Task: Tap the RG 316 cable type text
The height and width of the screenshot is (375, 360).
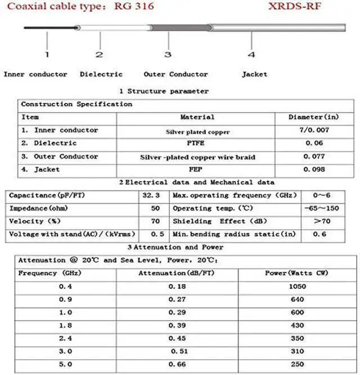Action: click(x=131, y=6)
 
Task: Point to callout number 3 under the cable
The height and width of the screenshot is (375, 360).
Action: click(x=167, y=55)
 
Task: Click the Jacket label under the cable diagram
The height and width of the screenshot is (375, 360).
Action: click(x=255, y=74)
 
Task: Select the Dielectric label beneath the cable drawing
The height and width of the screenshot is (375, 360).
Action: click(x=101, y=74)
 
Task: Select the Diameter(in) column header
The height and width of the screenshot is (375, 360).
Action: click(x=313, y=117)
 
